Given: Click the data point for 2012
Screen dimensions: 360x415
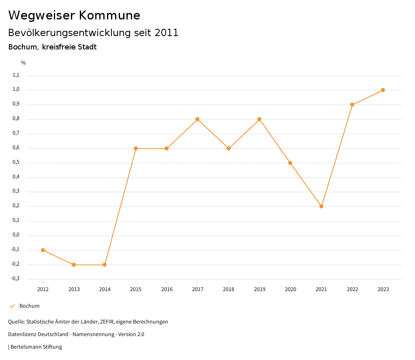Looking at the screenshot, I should click(43, 250).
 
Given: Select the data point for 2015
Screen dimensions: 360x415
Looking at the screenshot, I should click(136, 148).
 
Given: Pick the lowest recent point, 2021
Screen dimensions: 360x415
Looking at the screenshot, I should click(321, 206).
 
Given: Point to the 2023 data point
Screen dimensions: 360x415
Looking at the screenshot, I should click(383, 90).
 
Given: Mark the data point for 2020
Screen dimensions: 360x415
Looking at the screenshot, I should click(290, 163).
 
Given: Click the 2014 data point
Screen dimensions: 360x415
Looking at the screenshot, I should click(105, 265).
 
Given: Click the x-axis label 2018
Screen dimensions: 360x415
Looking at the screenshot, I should click(229, 289).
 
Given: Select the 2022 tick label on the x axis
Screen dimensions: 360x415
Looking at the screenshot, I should click(352, 289).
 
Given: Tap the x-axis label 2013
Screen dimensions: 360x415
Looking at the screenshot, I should click(74, 289).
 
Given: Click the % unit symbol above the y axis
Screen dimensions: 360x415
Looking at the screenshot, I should click(24, 63).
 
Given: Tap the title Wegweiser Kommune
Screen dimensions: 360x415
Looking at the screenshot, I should click(74, 15).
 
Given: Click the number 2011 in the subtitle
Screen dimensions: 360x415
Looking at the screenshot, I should click(167, 33).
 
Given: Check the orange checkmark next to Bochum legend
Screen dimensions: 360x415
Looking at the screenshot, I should click(12, 306).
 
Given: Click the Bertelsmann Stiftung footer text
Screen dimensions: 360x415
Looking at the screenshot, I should click(36, 347).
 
